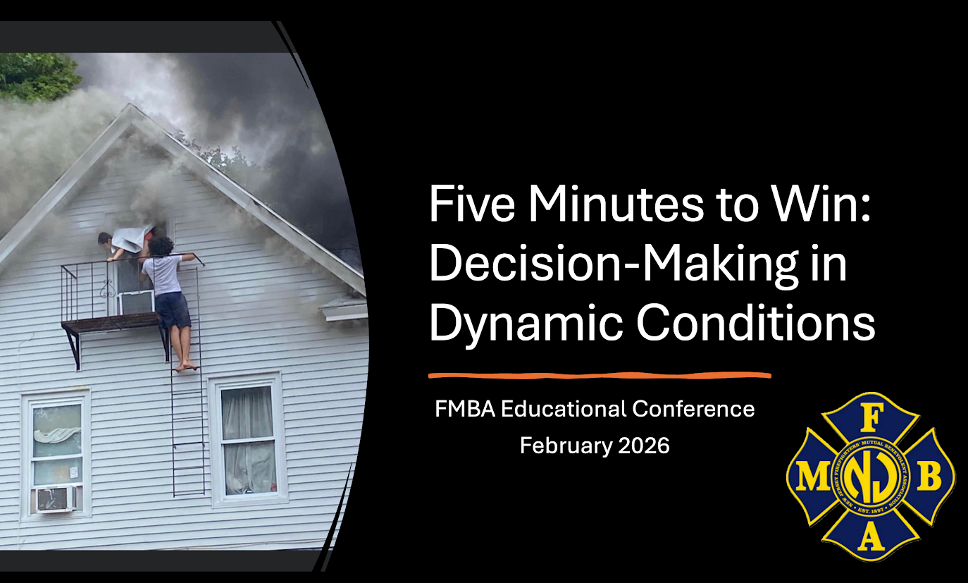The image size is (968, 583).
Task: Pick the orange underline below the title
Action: [600, 375]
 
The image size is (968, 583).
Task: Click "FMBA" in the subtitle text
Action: [465, 410]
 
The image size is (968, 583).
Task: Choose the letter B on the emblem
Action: [929, 477]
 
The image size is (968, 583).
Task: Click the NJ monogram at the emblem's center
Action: [871, 477]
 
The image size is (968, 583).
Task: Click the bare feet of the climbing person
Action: [187, 366]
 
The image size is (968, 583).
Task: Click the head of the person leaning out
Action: [105, 238]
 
